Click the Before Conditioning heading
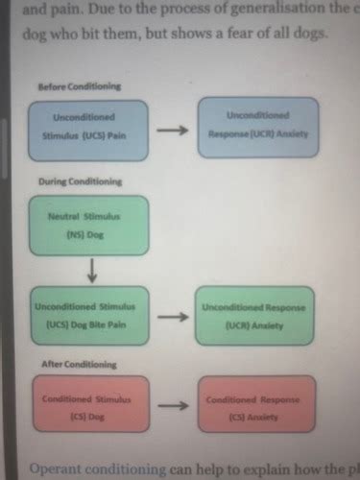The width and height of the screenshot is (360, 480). [79, 86]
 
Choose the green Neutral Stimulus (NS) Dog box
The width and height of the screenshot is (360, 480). [90, 225]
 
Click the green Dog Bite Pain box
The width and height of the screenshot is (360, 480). [90, 315]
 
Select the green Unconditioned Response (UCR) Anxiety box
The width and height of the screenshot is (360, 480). [254, 315]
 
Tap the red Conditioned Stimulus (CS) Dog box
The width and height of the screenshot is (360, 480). [90, 405]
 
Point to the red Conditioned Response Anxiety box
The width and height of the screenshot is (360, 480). [254, 405]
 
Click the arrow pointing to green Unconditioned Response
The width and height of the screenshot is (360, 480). [172, 315]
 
